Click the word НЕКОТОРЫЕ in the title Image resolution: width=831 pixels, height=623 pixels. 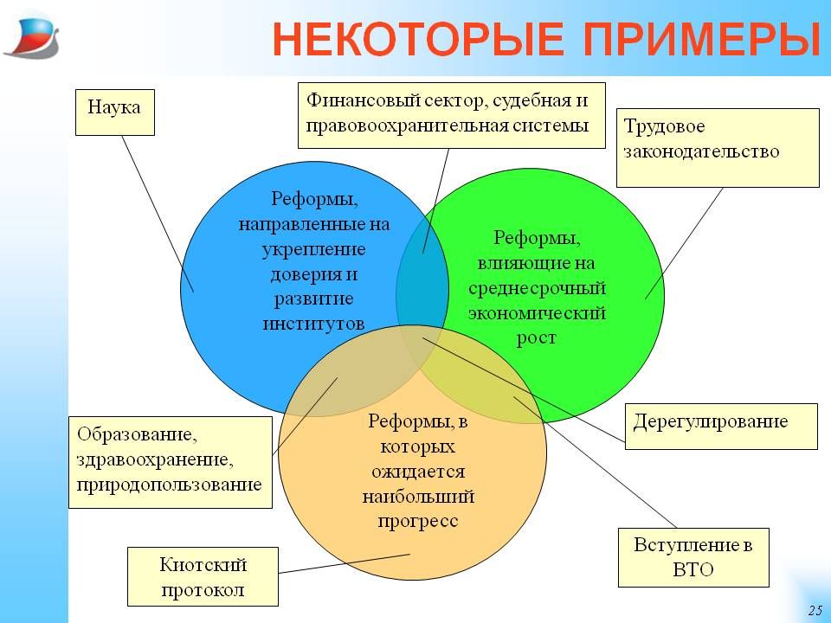(x=418, y=40)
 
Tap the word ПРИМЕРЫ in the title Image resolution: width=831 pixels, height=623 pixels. (x=702, y=40)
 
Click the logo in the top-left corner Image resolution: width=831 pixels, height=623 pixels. (x=32, y=37)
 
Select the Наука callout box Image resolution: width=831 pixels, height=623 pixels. (x=115, y=112)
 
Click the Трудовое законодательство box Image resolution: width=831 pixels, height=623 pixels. (x=718, y=148)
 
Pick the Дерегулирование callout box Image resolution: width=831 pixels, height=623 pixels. (x=721, y=427)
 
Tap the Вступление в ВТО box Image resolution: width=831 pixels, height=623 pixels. (x=693, y=557)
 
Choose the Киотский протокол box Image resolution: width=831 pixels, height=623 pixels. (x=203, y=576)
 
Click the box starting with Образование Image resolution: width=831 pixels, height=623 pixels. (x=171, y=462)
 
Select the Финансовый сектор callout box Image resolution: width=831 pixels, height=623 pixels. (x=452, y=115)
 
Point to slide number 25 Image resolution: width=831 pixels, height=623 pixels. (x=815, y=610)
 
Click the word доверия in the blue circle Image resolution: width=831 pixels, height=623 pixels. (x=313, y=274)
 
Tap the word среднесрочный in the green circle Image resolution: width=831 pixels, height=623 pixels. (x=537, y=288)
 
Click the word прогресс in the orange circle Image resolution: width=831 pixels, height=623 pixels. (x=417, y=521)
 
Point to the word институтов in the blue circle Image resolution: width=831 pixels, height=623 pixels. (x=313, y=324)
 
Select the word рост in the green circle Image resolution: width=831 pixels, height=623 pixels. (x=537, y=338)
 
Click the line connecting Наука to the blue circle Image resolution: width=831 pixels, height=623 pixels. (x=158, y=214)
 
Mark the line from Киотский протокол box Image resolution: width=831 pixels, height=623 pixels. (x=345, y=563)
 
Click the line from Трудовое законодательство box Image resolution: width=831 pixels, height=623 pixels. (x=684, y=243)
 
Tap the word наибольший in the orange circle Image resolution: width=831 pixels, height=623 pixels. (x=417, y=497)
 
